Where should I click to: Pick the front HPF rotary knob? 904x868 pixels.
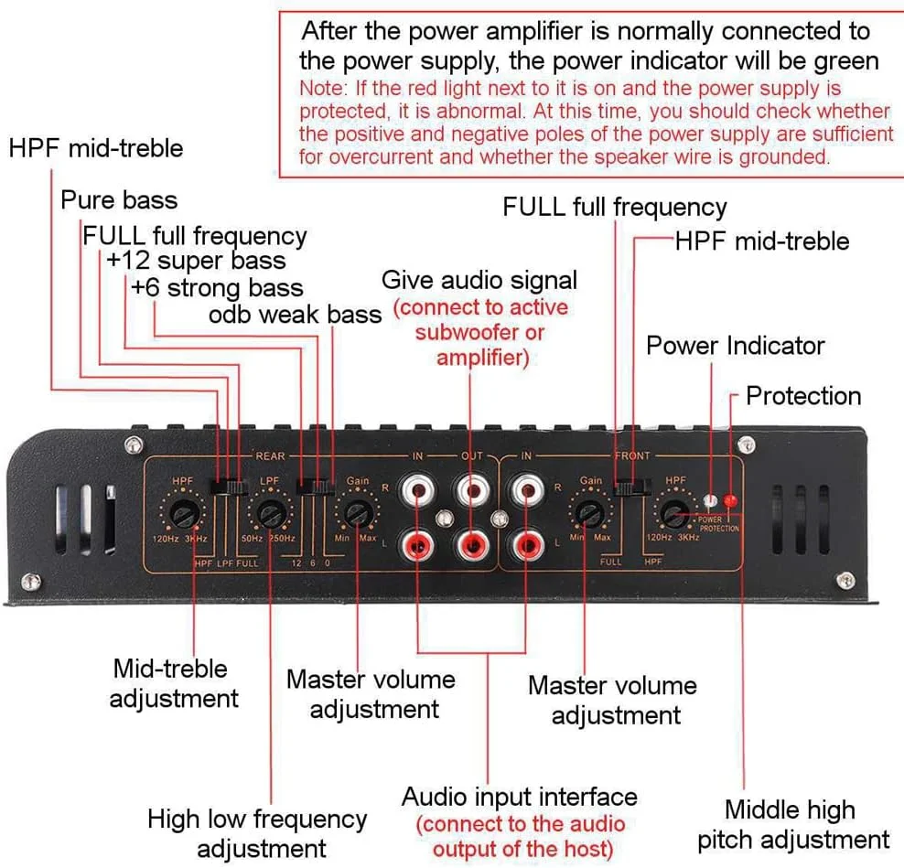point(675,514)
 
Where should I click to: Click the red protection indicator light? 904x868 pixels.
point(730,501)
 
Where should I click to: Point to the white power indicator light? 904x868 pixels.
point(711,501)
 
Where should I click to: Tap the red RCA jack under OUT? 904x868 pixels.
point(473,546)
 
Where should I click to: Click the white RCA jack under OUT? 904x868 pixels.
point(473,493)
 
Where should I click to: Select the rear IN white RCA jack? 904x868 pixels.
point(419,493)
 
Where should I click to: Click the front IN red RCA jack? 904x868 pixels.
point(529,546)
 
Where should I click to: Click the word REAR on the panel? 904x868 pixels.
point(270,455)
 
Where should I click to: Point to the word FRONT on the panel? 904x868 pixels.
point(633,455)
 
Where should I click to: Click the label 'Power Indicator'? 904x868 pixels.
point(735,346)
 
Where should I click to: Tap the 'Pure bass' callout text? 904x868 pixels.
point(119,199)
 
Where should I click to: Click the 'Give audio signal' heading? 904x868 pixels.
point(479,279)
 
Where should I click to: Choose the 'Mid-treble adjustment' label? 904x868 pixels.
point(174,683)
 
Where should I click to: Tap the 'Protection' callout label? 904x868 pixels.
point(803,396)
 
